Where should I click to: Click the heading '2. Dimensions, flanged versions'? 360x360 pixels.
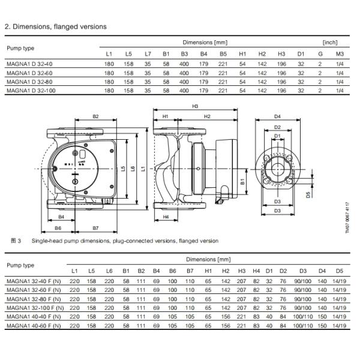55,26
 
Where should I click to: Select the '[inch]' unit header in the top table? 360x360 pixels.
330,43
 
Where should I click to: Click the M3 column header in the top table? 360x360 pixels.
340,54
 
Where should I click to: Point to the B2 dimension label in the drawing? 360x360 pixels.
95,116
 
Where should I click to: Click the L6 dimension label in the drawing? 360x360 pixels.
122,169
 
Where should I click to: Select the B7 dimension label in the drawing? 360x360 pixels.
95,229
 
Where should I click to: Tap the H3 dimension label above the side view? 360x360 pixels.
195,106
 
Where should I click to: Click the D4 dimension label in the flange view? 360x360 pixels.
277,116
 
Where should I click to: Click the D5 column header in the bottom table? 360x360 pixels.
340,271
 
